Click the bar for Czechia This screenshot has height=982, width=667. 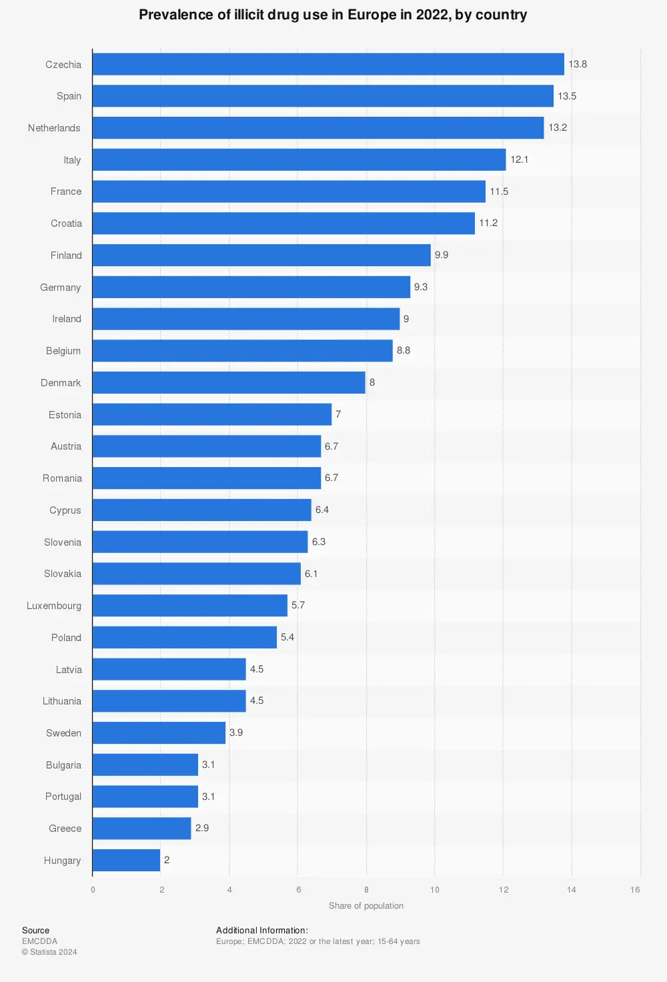coord(328,64)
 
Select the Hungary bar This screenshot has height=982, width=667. coord(126,860)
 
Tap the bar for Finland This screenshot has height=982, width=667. coord(261,255)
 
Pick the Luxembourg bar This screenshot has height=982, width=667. coord(190,605)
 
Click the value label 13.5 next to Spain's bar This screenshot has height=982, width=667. coord(567,96)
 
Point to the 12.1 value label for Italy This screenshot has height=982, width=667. coord(519,159)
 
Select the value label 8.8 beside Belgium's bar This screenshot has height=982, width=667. coord(404,350)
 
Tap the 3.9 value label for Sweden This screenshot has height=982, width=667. coord(236,732)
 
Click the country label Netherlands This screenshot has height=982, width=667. coord(54,128)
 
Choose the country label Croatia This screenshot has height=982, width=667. coord(66,223)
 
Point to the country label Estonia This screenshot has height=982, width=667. coord(65,415)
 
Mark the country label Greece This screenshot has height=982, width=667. coord(65,829)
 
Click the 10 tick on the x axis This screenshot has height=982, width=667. coord(435,889)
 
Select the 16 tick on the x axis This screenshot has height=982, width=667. coord(635,889)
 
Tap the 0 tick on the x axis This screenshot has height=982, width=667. coord(93,889)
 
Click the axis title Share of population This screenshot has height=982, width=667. coord(366,905)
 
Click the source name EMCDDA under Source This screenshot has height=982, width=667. coord(39,941)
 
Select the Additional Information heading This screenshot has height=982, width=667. coord(261,930)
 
